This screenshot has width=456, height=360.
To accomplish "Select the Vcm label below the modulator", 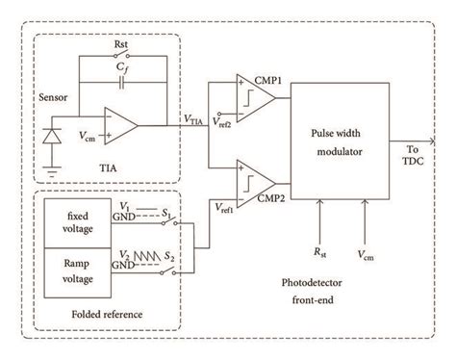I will coord(365,256).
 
